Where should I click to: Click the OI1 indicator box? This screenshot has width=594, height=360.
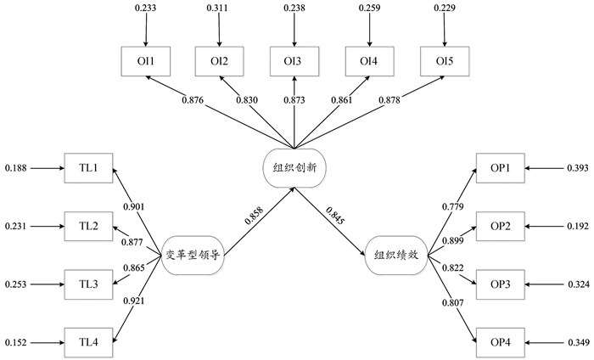point(146,61)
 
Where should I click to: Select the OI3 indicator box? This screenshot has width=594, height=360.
point(295,61)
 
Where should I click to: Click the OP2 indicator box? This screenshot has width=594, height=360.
point(500,226)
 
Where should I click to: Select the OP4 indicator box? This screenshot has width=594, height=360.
point(500,341)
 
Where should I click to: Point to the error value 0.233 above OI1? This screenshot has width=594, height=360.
point(146,8)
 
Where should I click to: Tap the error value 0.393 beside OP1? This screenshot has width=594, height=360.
point(576,168)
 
